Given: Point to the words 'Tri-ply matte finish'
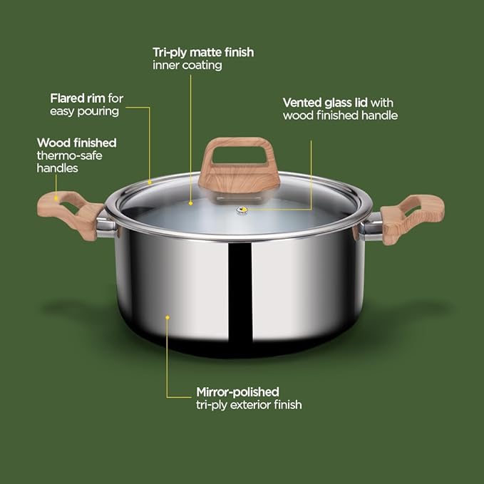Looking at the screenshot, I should (203, 52).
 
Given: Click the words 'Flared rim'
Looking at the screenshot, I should (76, 98).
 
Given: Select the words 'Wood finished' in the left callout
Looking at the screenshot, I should (76, 143).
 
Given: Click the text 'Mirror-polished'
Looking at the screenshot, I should (237, 391).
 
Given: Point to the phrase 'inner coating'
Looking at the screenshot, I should (187, 65).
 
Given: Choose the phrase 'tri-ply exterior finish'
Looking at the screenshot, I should (249, 404).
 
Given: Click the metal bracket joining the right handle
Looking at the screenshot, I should (371, 226).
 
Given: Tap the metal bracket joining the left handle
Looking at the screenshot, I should (105, 226).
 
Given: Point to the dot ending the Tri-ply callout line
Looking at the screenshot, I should (190, 202).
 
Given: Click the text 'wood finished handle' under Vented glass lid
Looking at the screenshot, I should (340, 115).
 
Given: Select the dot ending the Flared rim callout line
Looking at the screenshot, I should (150, 182).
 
